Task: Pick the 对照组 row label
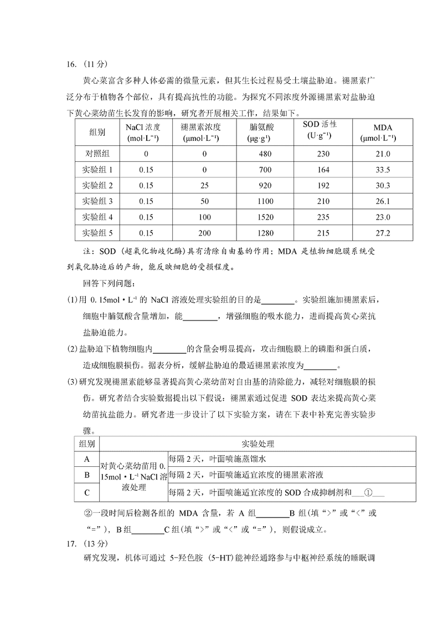pyautogui.click(x=97, y=154)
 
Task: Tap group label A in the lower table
pyautogui.click(x=86, y=459)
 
